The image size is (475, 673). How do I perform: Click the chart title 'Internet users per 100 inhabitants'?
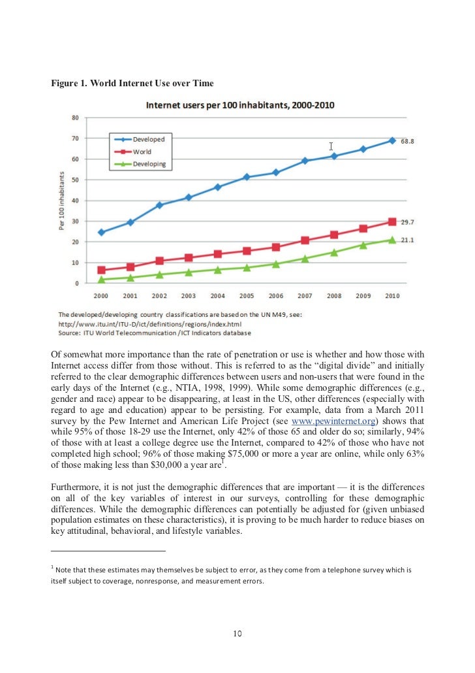click(240, 105)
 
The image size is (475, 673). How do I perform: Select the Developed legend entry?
click(141, 139)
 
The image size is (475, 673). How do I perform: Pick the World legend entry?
click(134, 152)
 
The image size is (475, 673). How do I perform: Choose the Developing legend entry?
click(141, 164)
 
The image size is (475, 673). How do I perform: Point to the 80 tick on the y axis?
click(76, 118)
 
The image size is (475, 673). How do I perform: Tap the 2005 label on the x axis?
click(247, 296)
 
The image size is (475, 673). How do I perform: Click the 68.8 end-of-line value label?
click(407, 141)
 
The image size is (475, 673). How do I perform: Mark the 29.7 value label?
click(407, 222)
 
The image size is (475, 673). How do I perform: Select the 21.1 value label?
click(407, 240)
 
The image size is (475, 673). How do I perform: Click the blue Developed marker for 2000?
click(102, 232)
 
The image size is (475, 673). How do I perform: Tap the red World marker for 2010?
click(392, 222)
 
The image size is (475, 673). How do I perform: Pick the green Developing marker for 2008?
click(334, 252)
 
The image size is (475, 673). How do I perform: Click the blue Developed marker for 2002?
click(159, 205)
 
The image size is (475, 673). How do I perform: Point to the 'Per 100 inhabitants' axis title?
click(62, 201)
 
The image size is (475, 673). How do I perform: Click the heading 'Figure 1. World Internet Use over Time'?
click(132, 83)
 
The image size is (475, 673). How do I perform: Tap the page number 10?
click(237, 634)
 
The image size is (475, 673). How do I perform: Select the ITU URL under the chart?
click(150, 324)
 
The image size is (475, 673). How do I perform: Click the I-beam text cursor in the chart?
click(331, 146)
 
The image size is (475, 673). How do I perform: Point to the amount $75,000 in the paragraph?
click(243, 454)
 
